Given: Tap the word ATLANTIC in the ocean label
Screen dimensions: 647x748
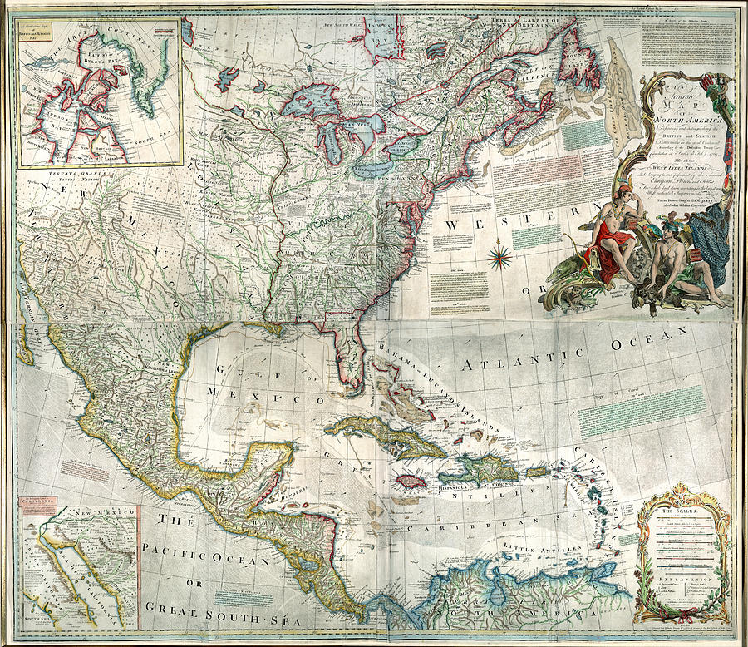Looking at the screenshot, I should point(513,359).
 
